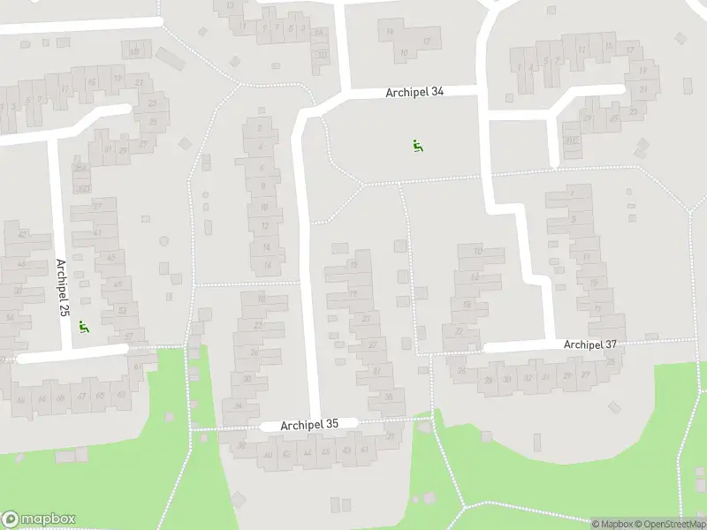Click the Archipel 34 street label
coord(414,92)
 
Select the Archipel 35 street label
coord(309,425)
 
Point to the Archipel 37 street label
coord(589,344)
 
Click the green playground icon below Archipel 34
coord(416,146)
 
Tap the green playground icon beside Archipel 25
coord(84,327)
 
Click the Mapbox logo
coord(39,519)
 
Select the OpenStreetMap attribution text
coord(671,524)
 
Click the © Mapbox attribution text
coord(613,524)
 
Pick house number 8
coord(262,186)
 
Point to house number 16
coord(266,265)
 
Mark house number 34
coord(239,406)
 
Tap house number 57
coord(129,337)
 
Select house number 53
coord(122,310)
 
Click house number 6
coord(261,167)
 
